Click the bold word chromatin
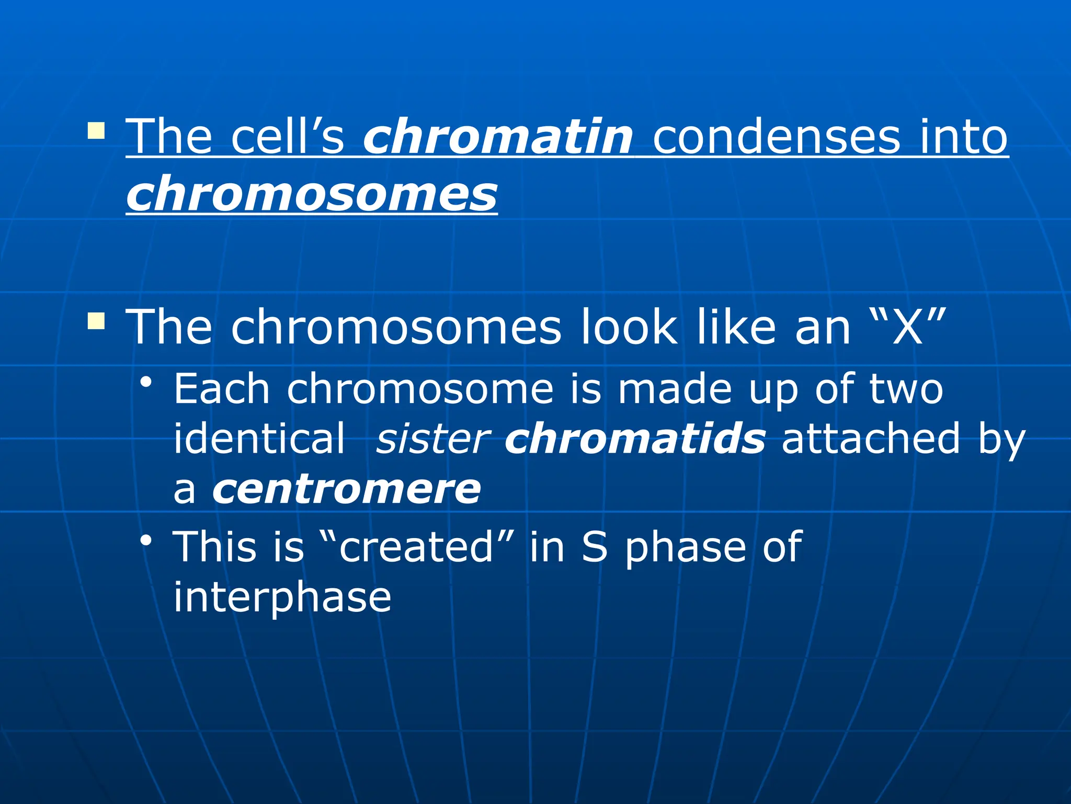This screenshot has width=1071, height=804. tap(498, 137)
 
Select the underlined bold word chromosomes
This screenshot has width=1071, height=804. tap(312, 194)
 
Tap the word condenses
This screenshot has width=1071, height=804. tap(777, 137)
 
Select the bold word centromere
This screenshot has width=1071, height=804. tap(346, 489)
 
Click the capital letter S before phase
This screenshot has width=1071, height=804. tap(595, 546)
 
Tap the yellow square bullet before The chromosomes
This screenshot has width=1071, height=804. tap(96, 321)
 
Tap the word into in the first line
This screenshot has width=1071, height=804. tap(963, 137)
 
